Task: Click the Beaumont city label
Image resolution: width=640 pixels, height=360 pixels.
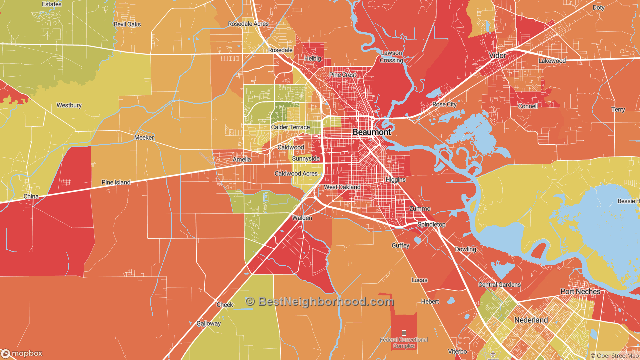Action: point(372,132)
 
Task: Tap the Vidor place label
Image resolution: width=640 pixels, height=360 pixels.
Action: point(497,55)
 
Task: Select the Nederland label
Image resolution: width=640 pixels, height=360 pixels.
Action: point(531,320)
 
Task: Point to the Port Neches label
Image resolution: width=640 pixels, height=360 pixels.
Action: point(580,291)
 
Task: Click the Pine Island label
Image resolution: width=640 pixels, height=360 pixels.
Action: point(116,182)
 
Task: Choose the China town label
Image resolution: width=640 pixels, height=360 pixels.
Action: point(31,196)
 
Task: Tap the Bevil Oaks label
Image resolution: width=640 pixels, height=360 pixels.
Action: point(127,24)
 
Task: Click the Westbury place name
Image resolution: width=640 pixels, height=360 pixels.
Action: point(69,105)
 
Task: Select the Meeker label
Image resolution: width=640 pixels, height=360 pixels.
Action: point(144,137)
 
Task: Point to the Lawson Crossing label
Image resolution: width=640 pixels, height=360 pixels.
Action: point(391,57)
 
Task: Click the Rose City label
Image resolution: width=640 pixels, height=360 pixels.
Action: point(444,104)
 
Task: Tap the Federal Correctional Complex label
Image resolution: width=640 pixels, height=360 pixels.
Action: point(404,342)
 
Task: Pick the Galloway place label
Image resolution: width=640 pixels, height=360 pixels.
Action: point(208,323)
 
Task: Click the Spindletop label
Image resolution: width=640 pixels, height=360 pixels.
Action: point(431,224)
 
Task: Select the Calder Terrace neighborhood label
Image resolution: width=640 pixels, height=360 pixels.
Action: point(290,127)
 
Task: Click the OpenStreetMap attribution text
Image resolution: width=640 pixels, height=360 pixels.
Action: point(614,356)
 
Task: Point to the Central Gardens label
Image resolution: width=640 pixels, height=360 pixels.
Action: point(499,285)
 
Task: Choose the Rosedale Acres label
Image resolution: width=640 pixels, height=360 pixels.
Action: point(248,24)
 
